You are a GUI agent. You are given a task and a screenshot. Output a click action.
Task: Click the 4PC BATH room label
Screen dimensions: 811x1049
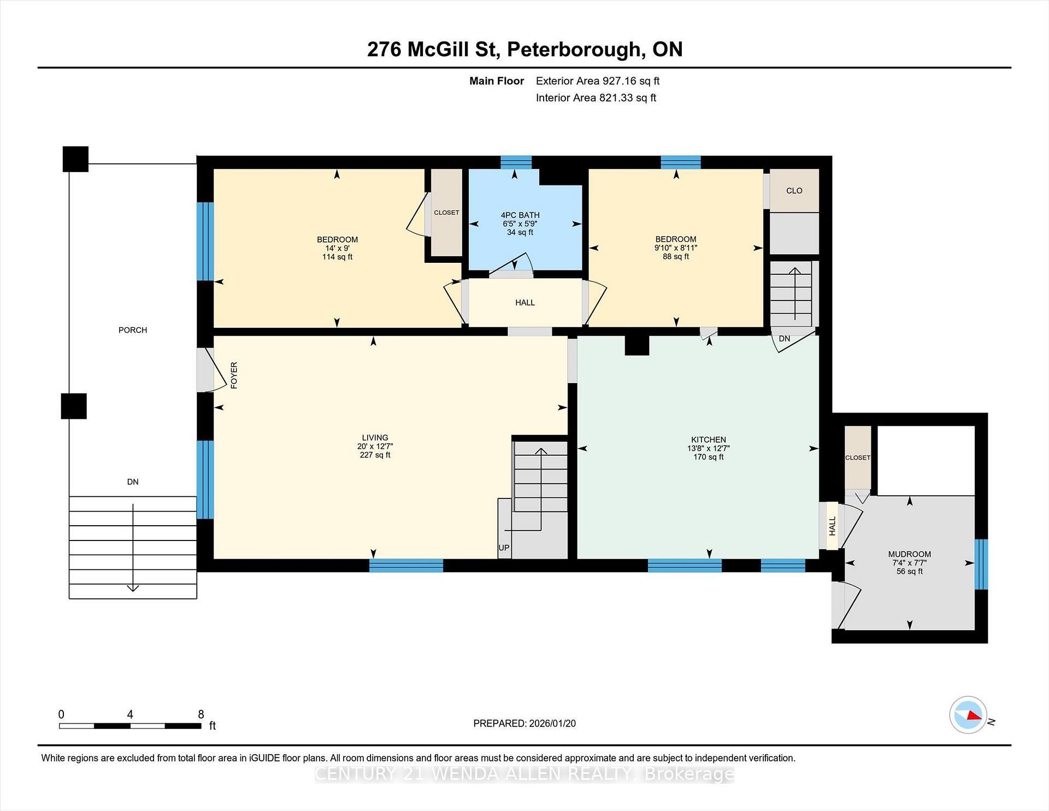(520, 215)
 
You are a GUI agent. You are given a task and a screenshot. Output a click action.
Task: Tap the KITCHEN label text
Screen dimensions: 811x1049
(708, 439)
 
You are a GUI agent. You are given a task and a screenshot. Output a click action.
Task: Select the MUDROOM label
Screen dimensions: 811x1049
(909, 554)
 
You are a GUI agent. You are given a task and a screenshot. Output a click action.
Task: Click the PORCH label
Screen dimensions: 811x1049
(133, 330)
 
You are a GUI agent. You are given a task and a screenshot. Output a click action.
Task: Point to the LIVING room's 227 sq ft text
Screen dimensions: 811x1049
(375, 455)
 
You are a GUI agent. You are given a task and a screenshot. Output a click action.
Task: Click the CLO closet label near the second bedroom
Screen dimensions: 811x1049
(794, 191)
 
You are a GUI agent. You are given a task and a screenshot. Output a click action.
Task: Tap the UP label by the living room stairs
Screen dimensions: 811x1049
(504, 548)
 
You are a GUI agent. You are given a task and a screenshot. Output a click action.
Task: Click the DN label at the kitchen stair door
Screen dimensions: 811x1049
(784, 339)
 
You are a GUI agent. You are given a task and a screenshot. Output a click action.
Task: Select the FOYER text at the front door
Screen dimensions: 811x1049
(234, 375)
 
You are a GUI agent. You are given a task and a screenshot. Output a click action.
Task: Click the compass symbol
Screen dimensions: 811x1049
(968, 715)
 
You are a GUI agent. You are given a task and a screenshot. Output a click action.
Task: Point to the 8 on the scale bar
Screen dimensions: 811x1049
(201, 714)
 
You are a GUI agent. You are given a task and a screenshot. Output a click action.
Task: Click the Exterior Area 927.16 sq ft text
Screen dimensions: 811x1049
(597, 81)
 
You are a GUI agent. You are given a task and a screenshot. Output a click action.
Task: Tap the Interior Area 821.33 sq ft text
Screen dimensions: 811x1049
(596, 98)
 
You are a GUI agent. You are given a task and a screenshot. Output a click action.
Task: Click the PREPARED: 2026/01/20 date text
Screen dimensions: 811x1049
(524, 723)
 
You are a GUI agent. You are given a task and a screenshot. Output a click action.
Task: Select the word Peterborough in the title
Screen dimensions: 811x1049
(573, 49)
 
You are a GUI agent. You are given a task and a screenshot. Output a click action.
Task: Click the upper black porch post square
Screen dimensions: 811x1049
(75, 159)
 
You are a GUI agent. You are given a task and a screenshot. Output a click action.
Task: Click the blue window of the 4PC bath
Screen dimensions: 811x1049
(516, 162)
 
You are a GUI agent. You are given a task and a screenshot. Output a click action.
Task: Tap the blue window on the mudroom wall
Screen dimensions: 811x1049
(981, 564)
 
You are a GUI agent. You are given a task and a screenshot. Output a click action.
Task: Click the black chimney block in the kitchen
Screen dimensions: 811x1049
(637, 345)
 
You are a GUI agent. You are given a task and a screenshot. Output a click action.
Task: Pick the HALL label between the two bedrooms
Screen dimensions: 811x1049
(524, 303)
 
